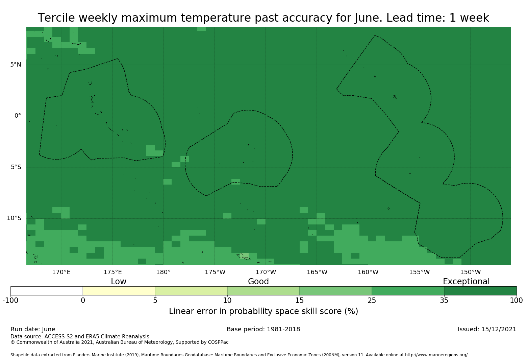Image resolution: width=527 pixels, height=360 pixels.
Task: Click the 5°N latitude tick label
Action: [16, 65]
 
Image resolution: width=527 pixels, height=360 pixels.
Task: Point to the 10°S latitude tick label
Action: [14, 218]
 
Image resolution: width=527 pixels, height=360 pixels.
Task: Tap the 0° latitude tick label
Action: [18, 116]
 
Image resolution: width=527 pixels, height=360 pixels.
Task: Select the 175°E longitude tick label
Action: [112, 272]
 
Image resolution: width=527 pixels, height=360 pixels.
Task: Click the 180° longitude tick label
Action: [163, 272]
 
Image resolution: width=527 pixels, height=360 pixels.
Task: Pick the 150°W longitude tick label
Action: [470, 272]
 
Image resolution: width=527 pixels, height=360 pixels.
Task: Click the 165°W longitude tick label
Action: [317, 272]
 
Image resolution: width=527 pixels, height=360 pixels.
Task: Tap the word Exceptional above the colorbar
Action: [466, 282]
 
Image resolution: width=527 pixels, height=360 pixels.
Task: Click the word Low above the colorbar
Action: [119, 282]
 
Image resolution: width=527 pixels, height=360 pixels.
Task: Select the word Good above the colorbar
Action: [258, 282]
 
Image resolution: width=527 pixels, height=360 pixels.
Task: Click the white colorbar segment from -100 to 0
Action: [47, 291]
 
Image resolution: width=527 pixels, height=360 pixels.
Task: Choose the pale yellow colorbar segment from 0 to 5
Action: [119, 291]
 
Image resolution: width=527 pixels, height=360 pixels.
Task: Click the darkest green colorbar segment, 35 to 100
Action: [480, 291]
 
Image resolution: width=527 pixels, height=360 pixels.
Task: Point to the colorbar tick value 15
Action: [300, 301]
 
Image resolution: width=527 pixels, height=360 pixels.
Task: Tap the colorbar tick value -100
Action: [10, 301]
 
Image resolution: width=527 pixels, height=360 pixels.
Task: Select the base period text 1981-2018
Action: [283, 329]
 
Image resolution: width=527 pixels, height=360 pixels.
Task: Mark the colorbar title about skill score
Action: [263, 311]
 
